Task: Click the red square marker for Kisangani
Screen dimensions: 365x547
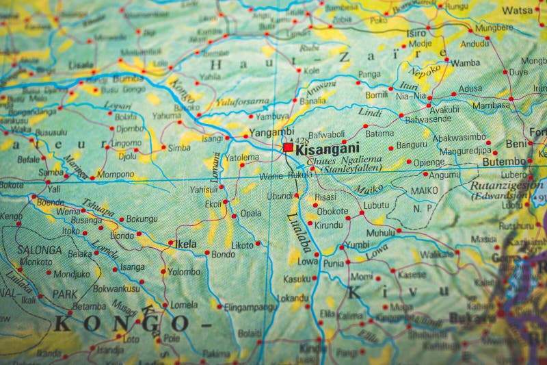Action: (x=289, y=147)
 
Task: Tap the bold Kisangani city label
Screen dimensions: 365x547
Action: (x=327, y=147)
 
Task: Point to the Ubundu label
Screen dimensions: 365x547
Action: (x=280, y=195)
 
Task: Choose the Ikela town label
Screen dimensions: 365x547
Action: (x=185, y=244)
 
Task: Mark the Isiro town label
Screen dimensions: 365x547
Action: (x=416, y=33)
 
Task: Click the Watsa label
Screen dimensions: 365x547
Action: (x=518, y=11)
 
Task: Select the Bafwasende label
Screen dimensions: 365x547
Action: (x=409, y=119)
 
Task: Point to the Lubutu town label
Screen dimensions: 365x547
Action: (x=376, y=205)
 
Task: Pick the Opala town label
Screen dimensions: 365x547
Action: (x=250, y=213)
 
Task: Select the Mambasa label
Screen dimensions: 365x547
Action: (x=492, y=105)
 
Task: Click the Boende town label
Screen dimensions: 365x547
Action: (x=50, y=202)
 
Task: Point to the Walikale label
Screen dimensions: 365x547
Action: (x=437, y=253)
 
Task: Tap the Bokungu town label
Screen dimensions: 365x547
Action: (x=142, y=218)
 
